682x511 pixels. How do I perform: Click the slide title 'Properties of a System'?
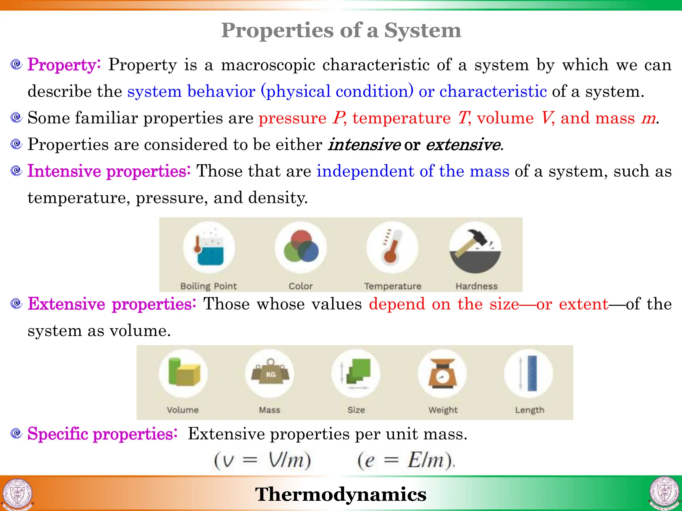pyautogui.click(x=341, y=30)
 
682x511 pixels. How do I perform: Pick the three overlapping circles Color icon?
pyautogui.click(x=301, y=247)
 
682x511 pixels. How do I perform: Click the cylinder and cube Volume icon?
pyautogui.click(x=183, y=373)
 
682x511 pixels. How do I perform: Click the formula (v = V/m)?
pyautogui.click(x=262, y=461)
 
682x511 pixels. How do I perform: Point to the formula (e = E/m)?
pyautogui.click(x=405, y=461)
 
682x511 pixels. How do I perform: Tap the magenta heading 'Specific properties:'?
pyautogui.click(x=102, y=434)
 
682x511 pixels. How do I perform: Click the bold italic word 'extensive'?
pyautogui.click(x=463, y=144)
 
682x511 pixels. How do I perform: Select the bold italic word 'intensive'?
pyautogui.click(x=364, y=144)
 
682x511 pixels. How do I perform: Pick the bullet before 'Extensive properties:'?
pyautogui.click(x=16, y=303)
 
